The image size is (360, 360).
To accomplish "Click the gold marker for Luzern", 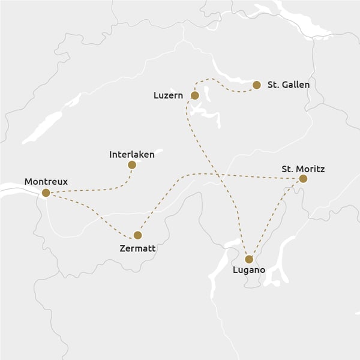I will [x=194, y=95].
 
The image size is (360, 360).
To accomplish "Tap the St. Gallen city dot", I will [x=257, y=85].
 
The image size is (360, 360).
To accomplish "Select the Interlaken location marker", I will [x=132, y=164].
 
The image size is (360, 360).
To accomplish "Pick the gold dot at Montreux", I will [x=46, y=193].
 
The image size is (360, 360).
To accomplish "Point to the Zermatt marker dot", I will [x=137, y=235].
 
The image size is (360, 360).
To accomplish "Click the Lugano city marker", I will [x=249, y=259].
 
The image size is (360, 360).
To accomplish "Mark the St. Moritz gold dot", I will [x=303, y=179].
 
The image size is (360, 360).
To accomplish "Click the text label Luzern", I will [x=169, y=95].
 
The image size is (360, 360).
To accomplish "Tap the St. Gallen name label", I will [x=288, y=85].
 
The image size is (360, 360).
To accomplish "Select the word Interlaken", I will [x=132, y=154].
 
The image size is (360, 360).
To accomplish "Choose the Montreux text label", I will [x=46, y=181].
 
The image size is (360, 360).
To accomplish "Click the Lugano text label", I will [x=248, y=271].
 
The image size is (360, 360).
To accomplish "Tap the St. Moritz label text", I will [x=303, y=169].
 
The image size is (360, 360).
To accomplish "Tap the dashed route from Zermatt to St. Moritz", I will [x=240, y=175].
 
